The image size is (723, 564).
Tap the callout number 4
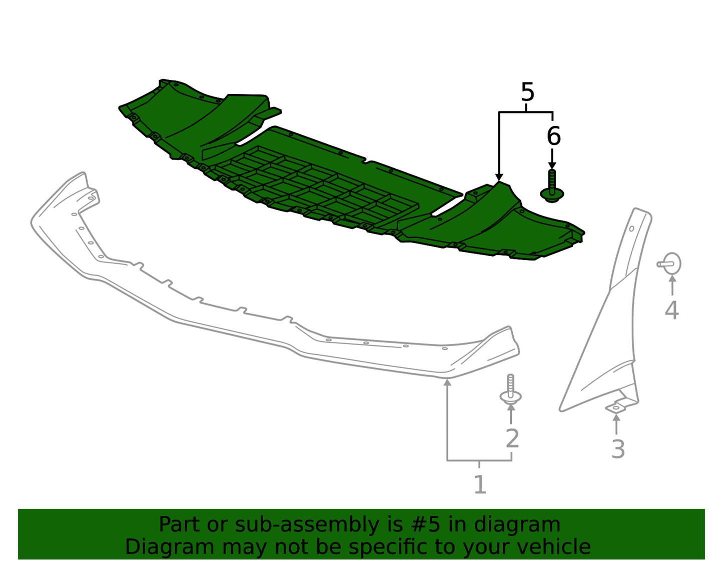tap(671, 310)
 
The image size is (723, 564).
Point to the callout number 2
tap(512, 438)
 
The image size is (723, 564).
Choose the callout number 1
tap(480, 484)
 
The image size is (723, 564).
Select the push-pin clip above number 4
tap(669, 264)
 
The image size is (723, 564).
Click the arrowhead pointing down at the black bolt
tap(552, 165)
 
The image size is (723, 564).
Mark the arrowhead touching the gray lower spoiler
tap(448, 382)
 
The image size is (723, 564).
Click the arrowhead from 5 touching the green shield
tap(499, 177)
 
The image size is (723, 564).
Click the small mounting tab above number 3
tap(616, 407)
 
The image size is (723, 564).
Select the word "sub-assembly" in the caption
tap(307, 525)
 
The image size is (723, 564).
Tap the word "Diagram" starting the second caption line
tap(170, 547)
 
